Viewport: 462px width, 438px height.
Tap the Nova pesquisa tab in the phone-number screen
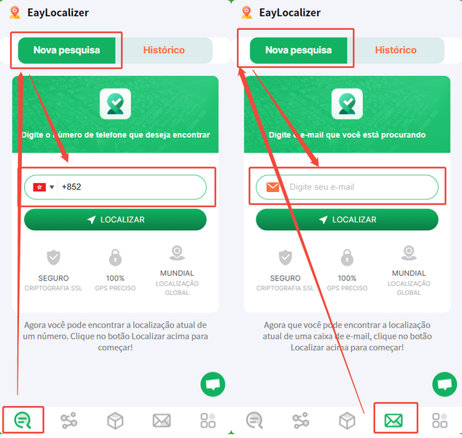point(66,50)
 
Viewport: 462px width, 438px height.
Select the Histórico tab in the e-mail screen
point(396,50)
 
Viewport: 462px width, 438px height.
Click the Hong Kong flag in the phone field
point(39,187)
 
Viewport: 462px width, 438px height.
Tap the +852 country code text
point(71,187)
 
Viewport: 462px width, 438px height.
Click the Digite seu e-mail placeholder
point(322,187)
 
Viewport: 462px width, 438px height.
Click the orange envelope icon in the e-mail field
point(273,187)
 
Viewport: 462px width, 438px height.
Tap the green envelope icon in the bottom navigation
point(394,420)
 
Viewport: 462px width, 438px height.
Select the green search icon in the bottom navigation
point(23,420)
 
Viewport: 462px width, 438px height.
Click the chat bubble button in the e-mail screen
point(445,384)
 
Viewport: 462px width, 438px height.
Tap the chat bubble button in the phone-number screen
point(213,384)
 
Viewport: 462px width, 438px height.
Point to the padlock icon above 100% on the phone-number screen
point(115,258)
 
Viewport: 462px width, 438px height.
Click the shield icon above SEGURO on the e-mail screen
point(285,258)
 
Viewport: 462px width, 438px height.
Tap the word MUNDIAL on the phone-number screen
point(177,273)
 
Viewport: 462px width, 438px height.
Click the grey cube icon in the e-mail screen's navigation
point(347,420)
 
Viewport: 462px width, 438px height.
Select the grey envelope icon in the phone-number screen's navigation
point(162,420)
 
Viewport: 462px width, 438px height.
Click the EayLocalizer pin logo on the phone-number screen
point(15,12)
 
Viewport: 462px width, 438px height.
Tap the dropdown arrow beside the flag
point(52,187)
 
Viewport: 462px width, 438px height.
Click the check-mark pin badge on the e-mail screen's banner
point(347,104)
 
